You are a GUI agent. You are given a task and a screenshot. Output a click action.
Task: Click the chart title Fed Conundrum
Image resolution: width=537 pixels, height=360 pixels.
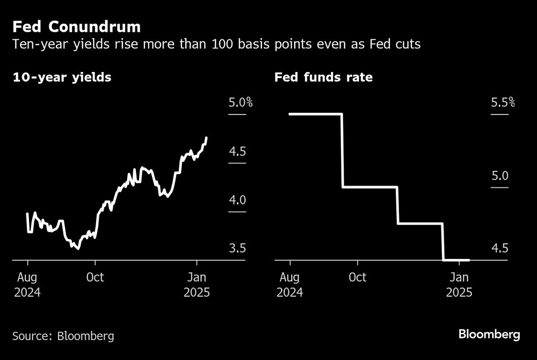pos(77,26)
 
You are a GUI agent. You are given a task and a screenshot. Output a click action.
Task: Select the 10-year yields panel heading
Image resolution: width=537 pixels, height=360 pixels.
pos(62,77)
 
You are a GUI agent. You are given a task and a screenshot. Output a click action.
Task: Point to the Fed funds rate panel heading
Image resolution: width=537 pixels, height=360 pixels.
pos(323,77)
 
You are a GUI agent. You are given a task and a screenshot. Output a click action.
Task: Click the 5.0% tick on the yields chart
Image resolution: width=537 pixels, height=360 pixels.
pos(241,102)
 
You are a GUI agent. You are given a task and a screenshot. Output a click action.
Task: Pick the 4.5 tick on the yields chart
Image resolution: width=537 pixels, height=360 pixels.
pos(237,152)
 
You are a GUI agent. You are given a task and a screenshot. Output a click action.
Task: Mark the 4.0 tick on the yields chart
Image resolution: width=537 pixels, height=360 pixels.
pos(237,200)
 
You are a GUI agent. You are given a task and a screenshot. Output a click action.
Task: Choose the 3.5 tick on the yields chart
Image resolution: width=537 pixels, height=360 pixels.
pos(237,249)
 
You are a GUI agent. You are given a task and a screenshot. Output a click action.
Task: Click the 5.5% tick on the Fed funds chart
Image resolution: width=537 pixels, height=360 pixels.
pos(503,102)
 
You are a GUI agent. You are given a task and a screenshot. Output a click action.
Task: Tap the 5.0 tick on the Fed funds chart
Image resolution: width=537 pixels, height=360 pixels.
pos(499,176)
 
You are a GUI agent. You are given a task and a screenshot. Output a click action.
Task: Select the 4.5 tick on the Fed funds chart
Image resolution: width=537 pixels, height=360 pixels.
pos(499,249)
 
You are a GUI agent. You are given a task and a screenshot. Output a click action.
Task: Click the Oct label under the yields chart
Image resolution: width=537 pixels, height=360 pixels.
pos(95,278)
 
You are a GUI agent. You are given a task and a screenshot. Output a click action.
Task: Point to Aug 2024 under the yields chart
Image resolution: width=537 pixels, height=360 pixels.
pos(27,285)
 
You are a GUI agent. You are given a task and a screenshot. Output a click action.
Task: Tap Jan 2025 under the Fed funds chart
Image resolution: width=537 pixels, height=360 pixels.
pos(459,285)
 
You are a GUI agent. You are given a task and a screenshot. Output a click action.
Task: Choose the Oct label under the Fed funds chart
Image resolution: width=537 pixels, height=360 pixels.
pos(357,278)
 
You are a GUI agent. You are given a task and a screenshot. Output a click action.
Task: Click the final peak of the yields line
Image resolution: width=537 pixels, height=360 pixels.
pos(207,138)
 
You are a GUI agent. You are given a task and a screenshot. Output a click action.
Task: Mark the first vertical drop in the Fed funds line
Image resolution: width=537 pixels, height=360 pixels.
pos(342,150)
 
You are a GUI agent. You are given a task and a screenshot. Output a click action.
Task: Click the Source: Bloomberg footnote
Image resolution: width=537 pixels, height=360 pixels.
pos(63,336)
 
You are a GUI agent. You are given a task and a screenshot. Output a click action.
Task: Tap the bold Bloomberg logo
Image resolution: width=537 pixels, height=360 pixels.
pos(489,334)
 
